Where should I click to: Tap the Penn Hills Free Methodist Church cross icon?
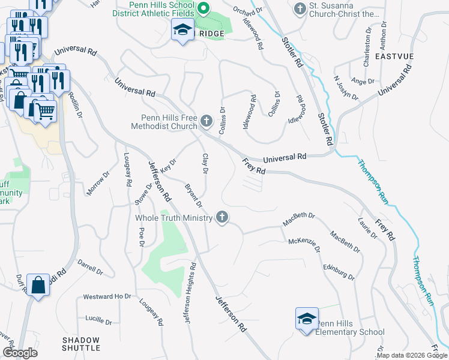pos(206,122)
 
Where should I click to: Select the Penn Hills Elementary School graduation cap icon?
pos(306,318)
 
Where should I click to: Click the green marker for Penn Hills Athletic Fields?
pos(203,8)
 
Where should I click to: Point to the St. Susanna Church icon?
pos(300,8)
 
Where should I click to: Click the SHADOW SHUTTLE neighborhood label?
pos(81,344)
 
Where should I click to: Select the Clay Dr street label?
pos(205,164)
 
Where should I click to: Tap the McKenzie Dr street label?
pos(304,245)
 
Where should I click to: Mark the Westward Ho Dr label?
pos(107,296)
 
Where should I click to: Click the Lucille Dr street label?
pos(99,318)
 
